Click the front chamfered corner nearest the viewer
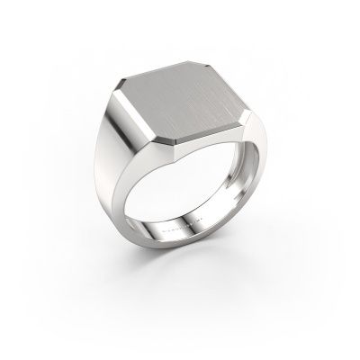pyautogui.click(x=175, y=139)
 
